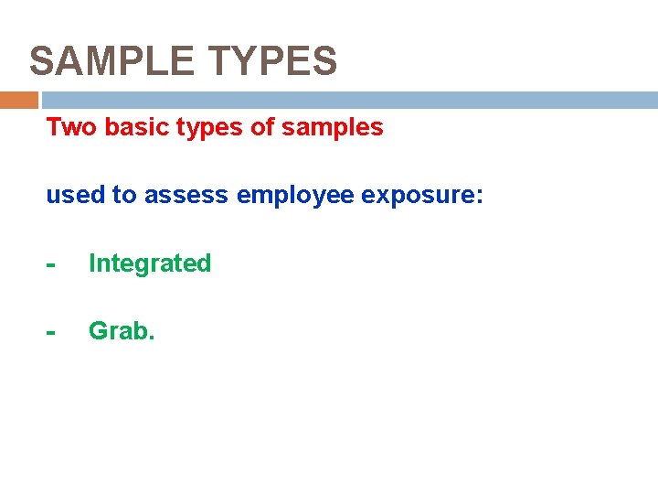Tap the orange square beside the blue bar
(19, 100)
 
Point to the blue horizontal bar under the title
(347, 100)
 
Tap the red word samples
(333, 128)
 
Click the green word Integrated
(150, 263)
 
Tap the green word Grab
(119, 330)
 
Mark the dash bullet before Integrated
(52, 265)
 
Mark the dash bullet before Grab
(52, 332)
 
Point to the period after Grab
(152, 337)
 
